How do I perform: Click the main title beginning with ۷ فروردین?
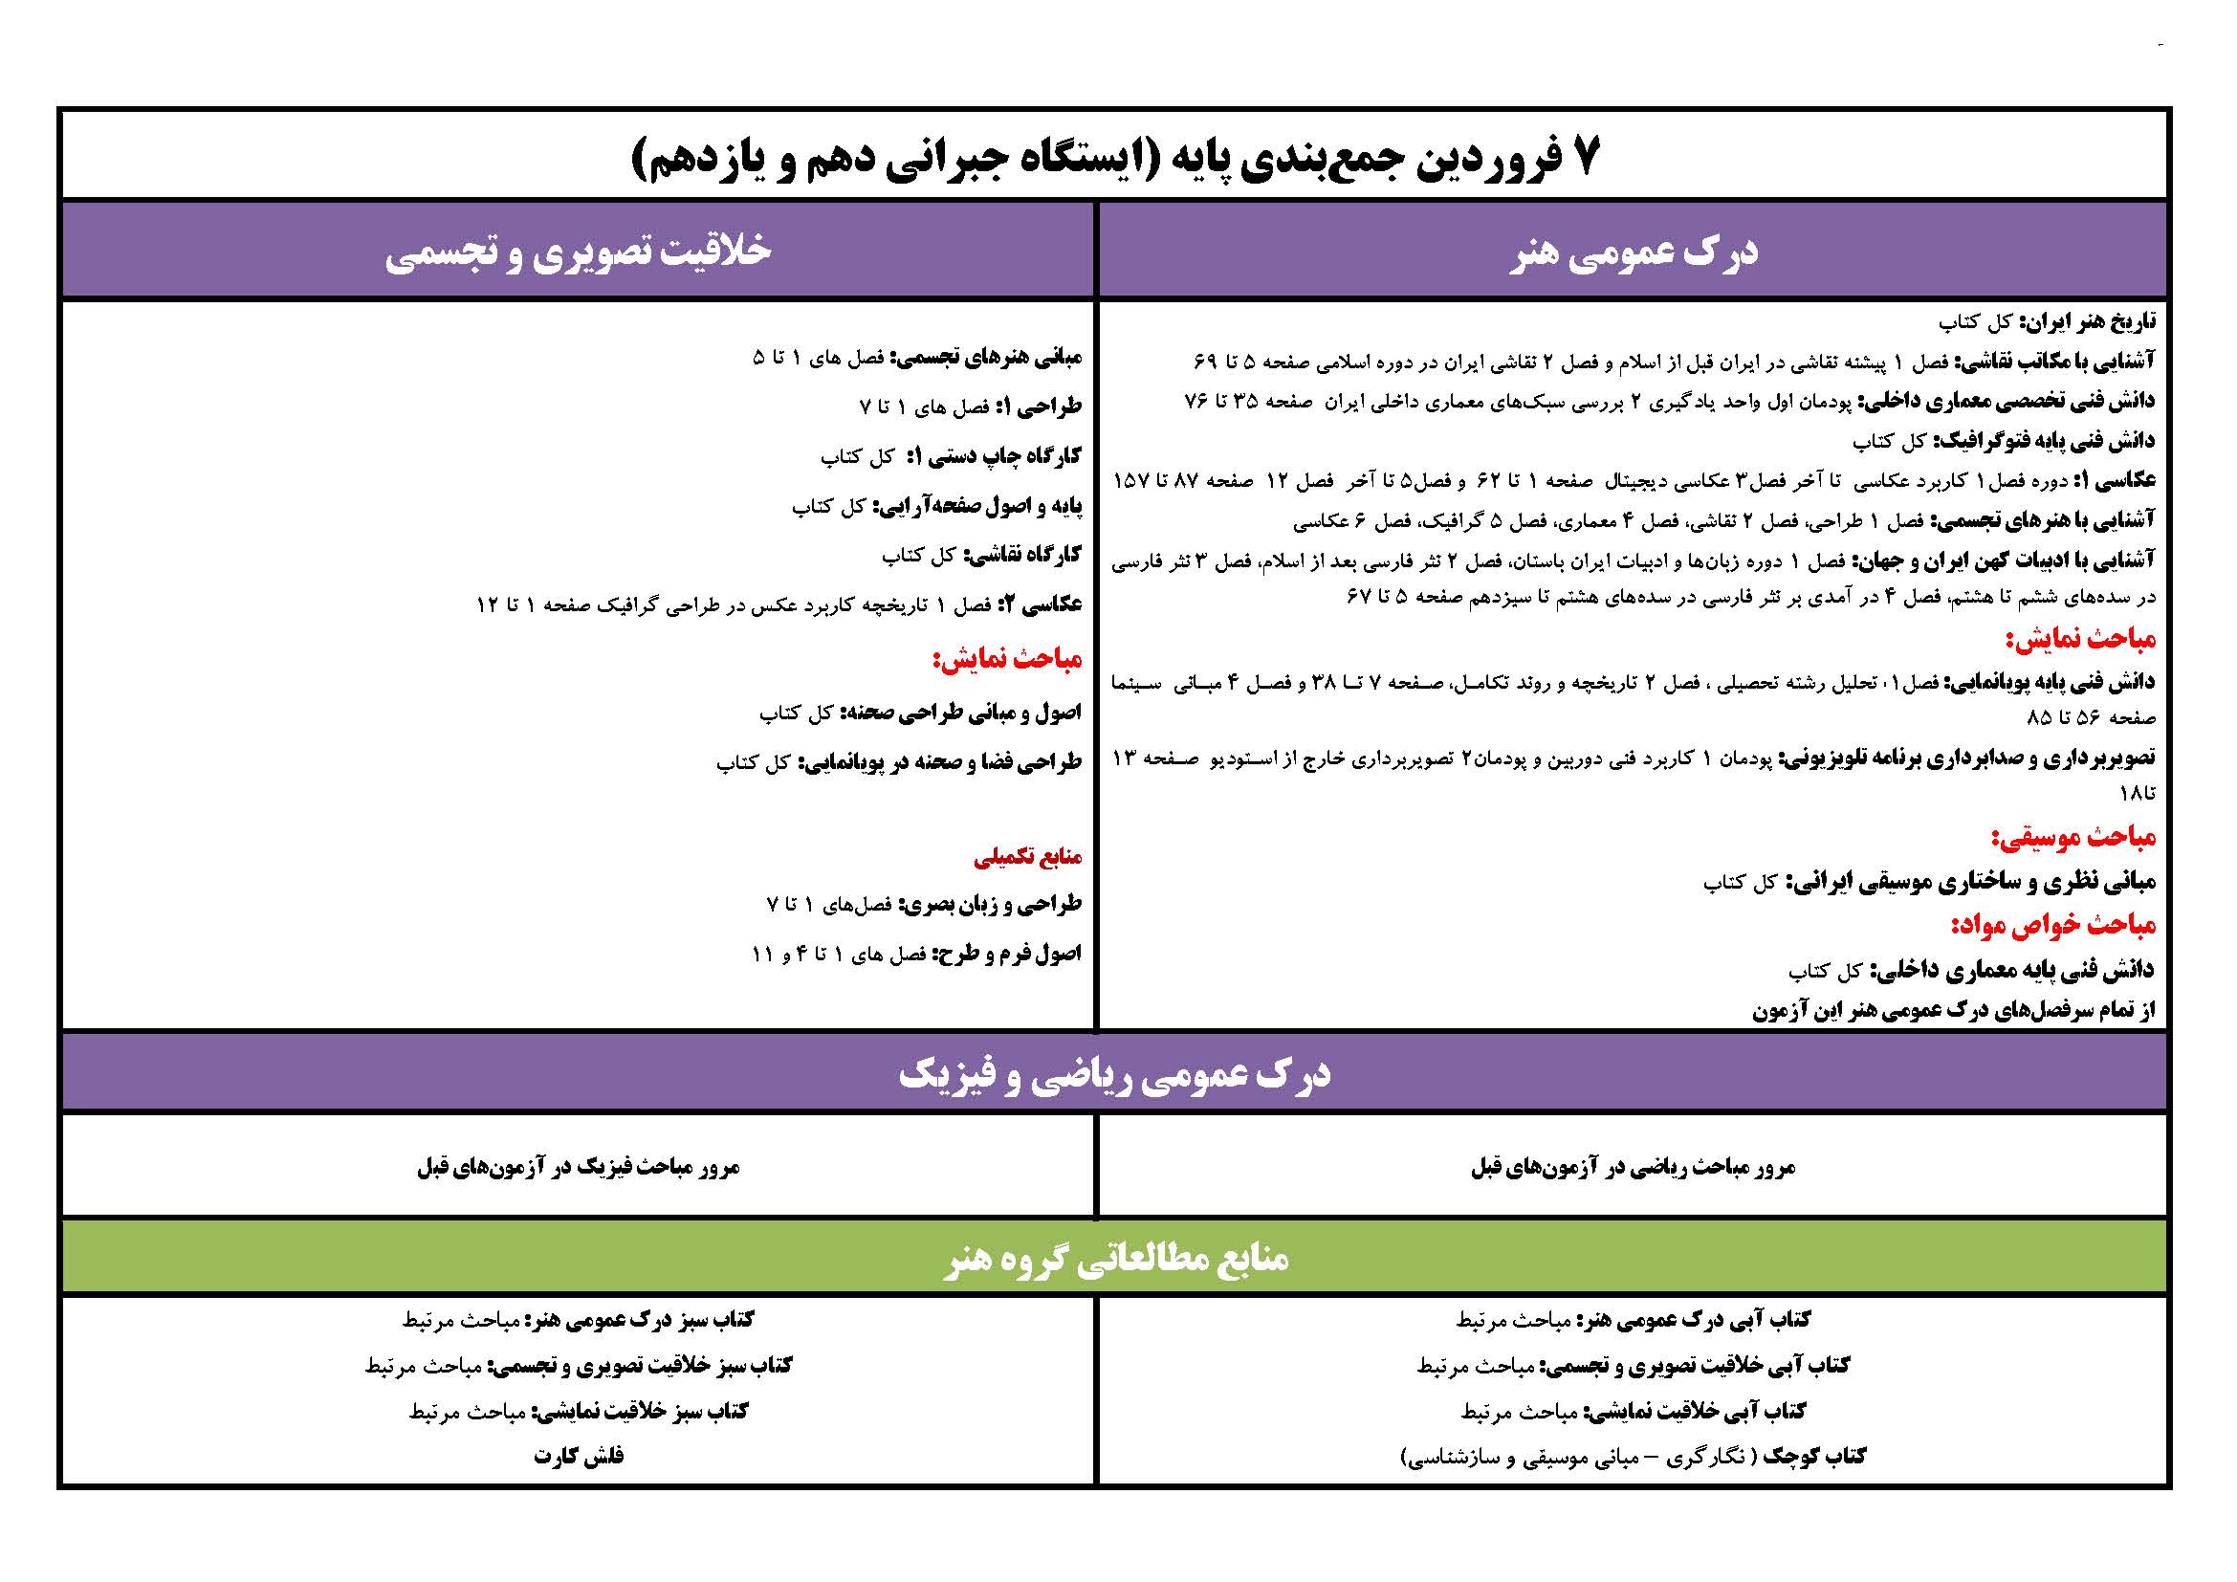[1115, 158]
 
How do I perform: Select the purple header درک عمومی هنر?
[1634, 253]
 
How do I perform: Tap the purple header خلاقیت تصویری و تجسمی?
[578, 253]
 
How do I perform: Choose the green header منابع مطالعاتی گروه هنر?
[1115, 1258]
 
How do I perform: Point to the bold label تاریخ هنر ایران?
[2089, 321]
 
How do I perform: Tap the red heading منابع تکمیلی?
[1028, 857]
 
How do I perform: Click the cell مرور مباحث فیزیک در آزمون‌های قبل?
[578, 1167]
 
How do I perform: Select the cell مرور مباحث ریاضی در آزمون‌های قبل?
[1633, 1167]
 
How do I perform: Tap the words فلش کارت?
[578, 1457]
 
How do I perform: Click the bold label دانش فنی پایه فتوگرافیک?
[2044, 441]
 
